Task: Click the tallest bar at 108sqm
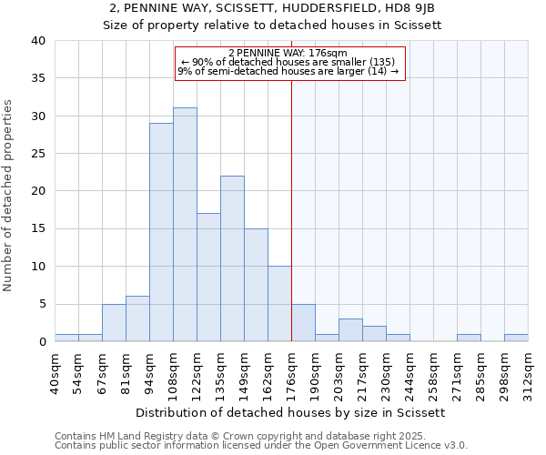[185, 225]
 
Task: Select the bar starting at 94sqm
[161, 232]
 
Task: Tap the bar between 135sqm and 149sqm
[232, 258]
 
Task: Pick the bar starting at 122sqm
[208, 278]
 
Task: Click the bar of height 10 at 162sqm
[279, 304]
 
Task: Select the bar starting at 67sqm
[114, 323]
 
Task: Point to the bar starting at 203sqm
[350, 330]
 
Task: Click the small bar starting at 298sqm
[516, 338]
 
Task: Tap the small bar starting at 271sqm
[469, 338]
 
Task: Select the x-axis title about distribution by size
[291, 412]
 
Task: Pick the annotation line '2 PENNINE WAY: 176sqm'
[288, 54]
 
